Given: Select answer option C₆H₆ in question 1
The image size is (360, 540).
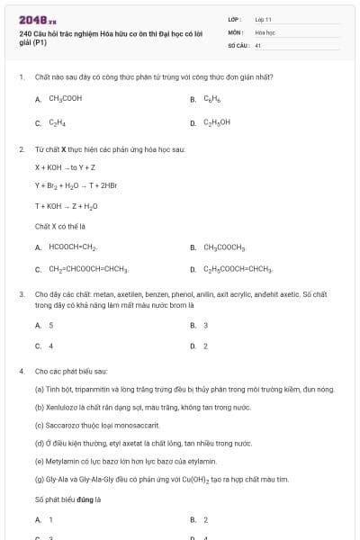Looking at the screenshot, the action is point(212,99).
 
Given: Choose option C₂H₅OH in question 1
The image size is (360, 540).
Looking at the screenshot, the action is point(217,122).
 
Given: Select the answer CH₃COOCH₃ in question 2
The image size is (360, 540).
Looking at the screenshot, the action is point(224,247).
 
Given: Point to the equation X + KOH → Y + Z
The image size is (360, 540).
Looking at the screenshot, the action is point(67,167).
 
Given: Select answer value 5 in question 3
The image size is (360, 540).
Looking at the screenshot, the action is point(50,325).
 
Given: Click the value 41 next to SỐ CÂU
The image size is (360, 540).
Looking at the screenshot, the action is point(258,44).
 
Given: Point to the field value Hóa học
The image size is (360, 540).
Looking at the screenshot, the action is point(264,31).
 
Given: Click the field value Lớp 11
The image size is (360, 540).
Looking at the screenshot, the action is point(263,18).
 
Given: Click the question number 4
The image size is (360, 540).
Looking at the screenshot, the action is point(21,371).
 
